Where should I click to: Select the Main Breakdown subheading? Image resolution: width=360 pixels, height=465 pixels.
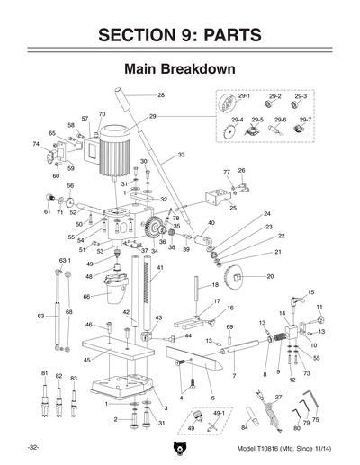[x=179, y=68]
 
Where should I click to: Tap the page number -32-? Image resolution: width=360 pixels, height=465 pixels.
[x=32, y=448]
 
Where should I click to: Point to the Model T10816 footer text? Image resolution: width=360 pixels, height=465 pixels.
[x=285, y=448]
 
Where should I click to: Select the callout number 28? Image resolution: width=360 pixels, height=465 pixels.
[x=161, y=95]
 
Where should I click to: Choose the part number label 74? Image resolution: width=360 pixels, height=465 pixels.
[x=36, y=143]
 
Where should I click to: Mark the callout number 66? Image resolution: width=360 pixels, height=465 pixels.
[x=86, y=296]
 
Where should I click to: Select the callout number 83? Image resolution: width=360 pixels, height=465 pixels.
[x=74, y=379]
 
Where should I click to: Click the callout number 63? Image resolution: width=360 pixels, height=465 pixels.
[x=40, y=317]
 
